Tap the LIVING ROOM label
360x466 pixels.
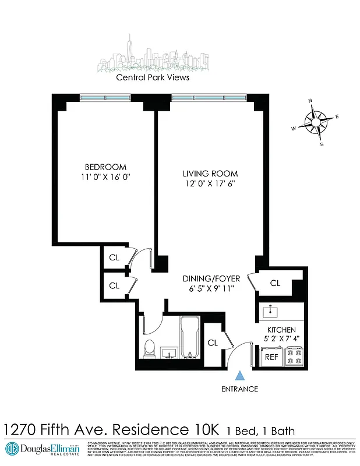click(210, 174)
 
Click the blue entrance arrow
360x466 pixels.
click(239, 378)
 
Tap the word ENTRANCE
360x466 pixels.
click(239, 389)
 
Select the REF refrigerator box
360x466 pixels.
click(272, 356)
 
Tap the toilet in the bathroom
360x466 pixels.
click(150, 350)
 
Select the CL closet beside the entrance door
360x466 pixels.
click(213, 343)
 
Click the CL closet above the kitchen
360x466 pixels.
click(275, 283)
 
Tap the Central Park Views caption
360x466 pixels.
click(153, 77)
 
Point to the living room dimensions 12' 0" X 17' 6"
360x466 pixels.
click(210, 184)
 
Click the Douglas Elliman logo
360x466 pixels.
click(42, 449)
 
